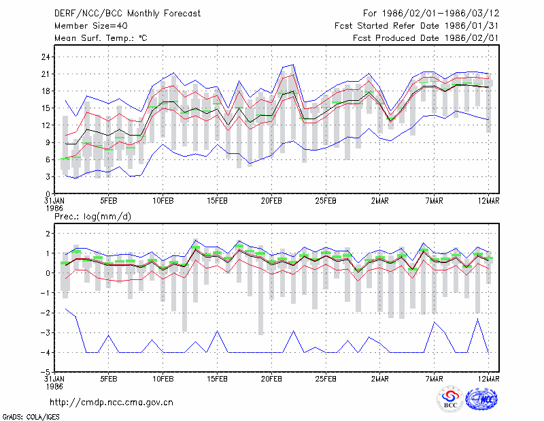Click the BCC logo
450,399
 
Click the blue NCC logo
481,399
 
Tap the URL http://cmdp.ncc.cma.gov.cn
112,403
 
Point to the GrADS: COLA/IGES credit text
31,417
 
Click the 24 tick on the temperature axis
46,57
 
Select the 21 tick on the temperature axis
46,74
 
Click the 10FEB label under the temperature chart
163,201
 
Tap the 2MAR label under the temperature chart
380,201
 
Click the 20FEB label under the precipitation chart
271,379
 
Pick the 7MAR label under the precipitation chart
434,379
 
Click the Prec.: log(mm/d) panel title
92,217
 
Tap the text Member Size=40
91,26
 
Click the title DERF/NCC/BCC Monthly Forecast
127,14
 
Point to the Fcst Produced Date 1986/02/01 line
426,38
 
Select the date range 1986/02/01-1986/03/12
441,14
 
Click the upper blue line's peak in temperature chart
294,64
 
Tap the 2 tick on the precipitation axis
48,234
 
